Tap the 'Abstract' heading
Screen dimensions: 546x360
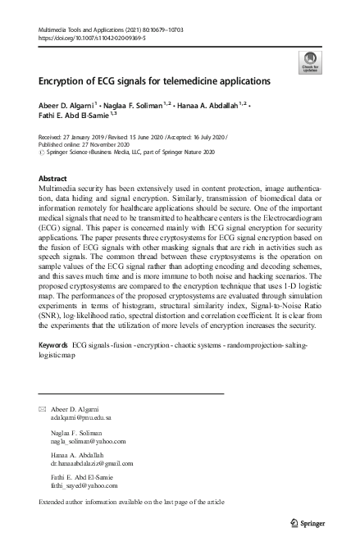tap(53, 178)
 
